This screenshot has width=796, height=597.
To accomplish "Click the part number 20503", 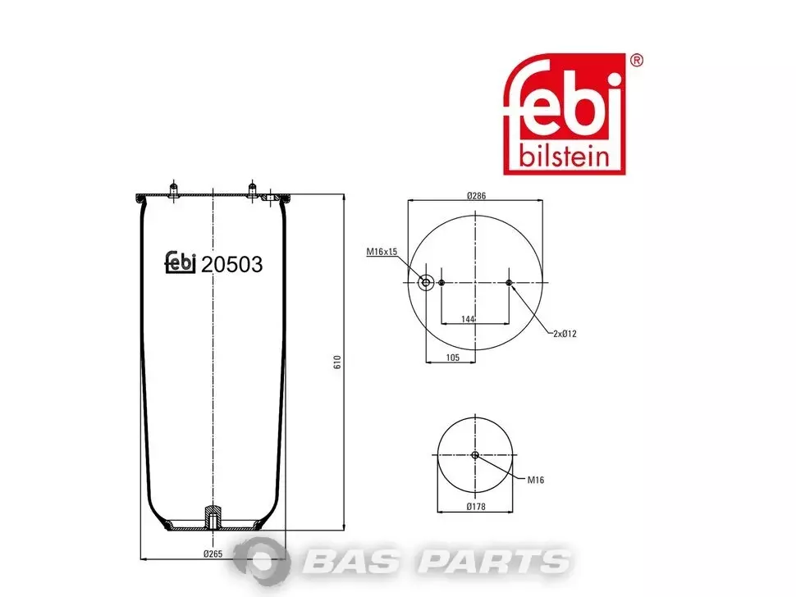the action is click(x=231, y=264).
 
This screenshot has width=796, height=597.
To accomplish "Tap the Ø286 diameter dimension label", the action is click(x=476, y=196).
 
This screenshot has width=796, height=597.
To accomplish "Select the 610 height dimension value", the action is click(x=337, y=362).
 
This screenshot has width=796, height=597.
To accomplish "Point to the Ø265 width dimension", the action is click(x=213, y=554).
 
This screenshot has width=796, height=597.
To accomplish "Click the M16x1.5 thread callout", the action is click(x=382, y=252).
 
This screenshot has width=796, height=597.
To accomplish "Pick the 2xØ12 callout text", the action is click(x=565, y=334).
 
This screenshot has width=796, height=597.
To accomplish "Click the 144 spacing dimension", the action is click(x=468, y=319).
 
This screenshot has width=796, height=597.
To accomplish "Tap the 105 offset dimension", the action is click(x=452, y=358).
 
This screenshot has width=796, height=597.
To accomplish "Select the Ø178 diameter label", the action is click(x=476, y=506).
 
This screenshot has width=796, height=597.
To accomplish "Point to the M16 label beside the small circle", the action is click(x=536, y=480).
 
